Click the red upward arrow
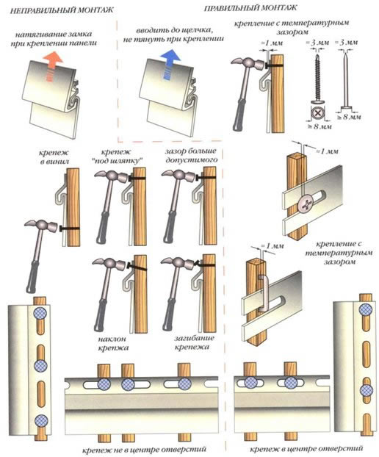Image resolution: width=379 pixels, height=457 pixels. (x=53, y=65)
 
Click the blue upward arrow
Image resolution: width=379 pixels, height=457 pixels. (x=170, y=64)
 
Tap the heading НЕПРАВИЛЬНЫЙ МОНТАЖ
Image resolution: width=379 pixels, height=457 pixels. (x=62, y=10)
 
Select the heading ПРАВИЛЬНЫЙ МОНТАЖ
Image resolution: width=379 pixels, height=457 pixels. (x=250, y=8)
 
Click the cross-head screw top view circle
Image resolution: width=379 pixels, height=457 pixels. (x=317, y=113)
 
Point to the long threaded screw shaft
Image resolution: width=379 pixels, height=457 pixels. (x=317, y=77)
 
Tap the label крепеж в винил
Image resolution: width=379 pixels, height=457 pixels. (x=54, y=156)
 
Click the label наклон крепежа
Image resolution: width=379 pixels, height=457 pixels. (x=112, y=343)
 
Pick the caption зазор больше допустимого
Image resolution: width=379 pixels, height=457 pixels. (x=191, y=155)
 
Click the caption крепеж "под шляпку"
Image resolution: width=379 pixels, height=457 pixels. (x=120, y=156)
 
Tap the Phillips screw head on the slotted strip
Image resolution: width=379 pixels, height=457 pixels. (x=305, y=203)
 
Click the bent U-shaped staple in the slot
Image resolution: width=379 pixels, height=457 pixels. (x=262, y=293)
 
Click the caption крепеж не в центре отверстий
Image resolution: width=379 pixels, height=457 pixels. (x=144, y=449)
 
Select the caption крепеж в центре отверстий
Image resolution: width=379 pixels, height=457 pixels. (x=306, y=448)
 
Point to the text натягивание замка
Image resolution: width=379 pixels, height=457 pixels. (x=54, y=35)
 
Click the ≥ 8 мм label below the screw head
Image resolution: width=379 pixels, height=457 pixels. (x=317, y=126)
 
